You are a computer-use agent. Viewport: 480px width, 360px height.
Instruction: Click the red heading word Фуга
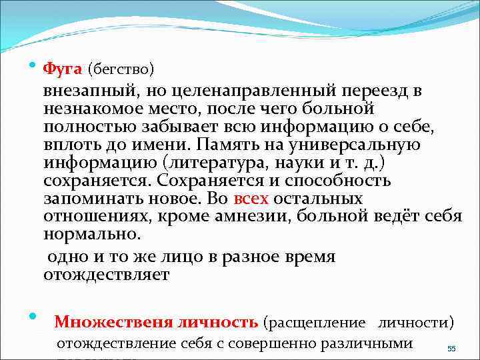[62, 69]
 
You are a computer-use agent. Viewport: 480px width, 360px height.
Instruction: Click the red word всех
[252, 199]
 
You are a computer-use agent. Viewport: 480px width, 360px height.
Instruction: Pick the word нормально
[92, 235]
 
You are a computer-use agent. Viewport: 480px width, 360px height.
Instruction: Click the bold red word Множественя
[111, 323]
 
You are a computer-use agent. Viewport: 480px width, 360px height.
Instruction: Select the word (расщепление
[315, 323]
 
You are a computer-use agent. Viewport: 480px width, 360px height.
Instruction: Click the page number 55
[451, 349]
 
